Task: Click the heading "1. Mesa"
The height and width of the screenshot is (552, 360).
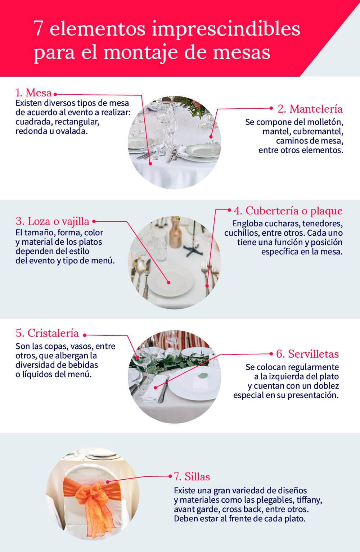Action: click(33, 93)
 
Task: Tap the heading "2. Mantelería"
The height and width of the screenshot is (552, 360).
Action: click(310, 108)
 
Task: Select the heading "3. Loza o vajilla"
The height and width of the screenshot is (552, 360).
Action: click(52, 221)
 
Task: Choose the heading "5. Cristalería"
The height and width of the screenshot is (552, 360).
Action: click(47, 333)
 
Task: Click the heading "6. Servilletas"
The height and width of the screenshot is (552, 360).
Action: click(307, 354)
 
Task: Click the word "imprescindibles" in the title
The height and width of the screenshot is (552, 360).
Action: click(225, 29)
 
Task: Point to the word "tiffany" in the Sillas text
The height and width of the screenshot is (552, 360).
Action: click(310, 500)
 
